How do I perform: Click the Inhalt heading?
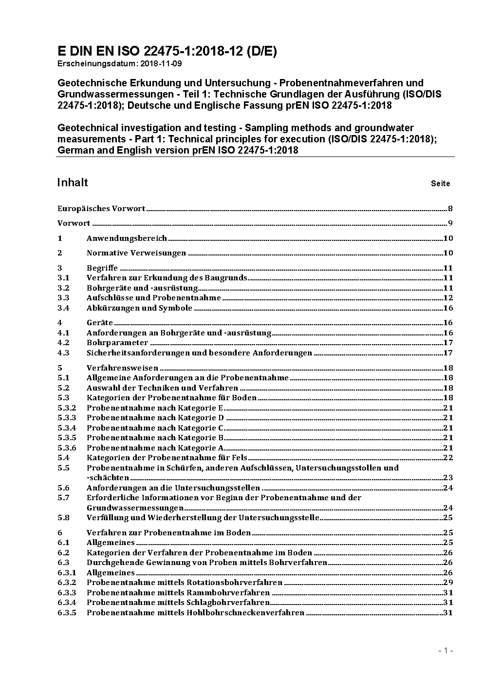click(x=73, y=182)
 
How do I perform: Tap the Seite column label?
click(x=440, y=184)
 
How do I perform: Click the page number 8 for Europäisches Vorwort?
click(x=450, y=209)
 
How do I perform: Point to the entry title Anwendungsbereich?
click(x=127, y=238)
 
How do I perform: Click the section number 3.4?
click(x=63, y=308)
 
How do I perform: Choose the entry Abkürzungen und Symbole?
click(x=139, y=308)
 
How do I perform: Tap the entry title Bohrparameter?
click(x=117, y=343)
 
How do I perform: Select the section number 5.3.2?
click(x=67, y=408)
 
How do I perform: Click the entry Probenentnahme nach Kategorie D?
click(x=155, y=418)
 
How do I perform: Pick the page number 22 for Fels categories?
click(x=448, y=458)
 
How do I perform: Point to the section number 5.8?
click(x=63, y=518)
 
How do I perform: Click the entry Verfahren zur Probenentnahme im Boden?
click(x=168, y=533)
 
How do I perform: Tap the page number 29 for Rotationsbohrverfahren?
click(x=448, y=583)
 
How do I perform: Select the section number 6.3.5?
click(x=67, y=613)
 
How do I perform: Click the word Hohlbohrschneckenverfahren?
click(x=245, y=613)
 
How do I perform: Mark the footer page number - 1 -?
click(x=446, y=651)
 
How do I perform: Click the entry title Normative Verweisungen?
click(x=136, y=253)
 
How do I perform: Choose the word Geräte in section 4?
click(x=99, y=323)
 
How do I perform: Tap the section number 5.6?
click(x=63, y=488)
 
